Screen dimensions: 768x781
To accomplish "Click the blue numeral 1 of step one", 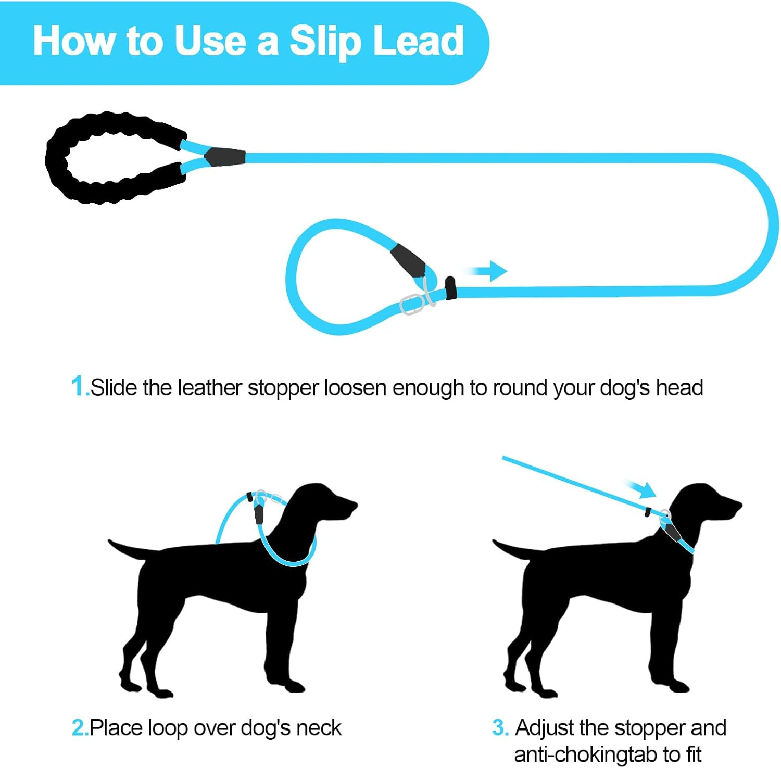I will (78, 387).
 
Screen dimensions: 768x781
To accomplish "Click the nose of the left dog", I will (354, 505).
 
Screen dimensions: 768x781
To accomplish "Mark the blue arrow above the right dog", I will (643, 489).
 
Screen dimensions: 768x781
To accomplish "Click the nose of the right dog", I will (738, 505).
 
